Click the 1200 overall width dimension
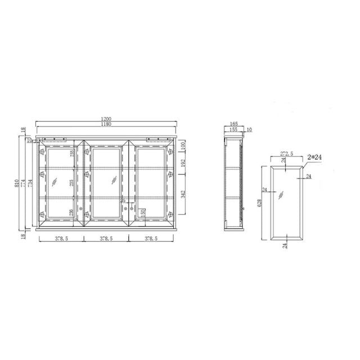[x=106, y=119]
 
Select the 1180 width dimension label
[x=106, y=124]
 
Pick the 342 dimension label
[x=183, y=195]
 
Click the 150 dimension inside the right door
[x=143, y=213]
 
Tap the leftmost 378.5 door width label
[x=62, y=238]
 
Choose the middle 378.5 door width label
[x=106, y=238]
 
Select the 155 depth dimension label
[x=233, y=130]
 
